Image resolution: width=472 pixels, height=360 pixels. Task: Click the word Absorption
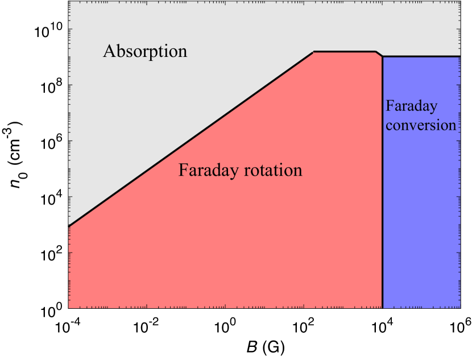(145, 52)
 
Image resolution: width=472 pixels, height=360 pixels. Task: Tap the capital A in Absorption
(109, 52)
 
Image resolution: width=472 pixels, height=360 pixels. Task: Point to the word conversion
(421, 125)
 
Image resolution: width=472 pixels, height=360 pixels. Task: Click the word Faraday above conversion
(412, 106)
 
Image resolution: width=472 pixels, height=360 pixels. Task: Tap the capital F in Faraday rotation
(183, 170)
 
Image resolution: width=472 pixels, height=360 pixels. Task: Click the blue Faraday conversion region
(421, 216)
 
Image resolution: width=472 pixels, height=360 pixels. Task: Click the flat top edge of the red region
(344, 52)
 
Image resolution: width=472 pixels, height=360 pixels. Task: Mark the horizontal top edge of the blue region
(421, 56)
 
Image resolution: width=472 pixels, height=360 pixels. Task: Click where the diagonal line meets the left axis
(69, 226)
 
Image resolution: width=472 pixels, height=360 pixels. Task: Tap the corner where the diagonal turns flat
(314, 52)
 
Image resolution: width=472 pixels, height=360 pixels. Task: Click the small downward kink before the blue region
(379, 54)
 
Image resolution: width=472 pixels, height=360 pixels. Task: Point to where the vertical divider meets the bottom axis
(382, 308)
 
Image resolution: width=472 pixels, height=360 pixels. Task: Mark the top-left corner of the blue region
(382, 57)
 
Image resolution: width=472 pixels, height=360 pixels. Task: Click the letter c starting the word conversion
(389, 126)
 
